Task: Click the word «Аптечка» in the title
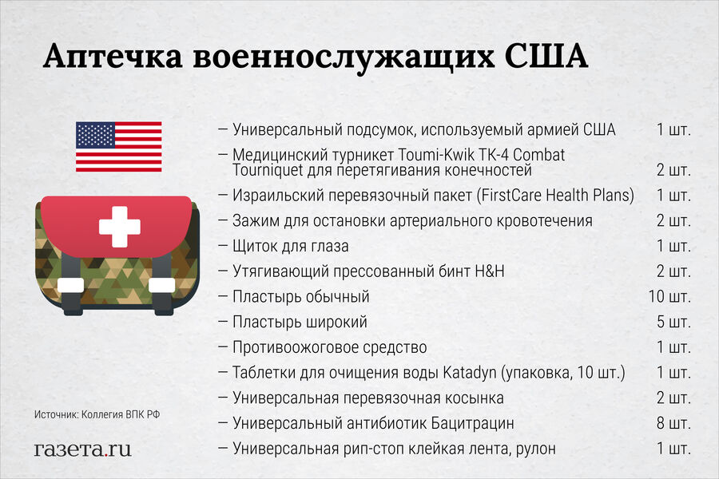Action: [113, 57]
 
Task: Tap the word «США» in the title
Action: [546, 56]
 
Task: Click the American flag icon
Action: [119, 147]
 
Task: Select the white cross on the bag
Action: [119, 227]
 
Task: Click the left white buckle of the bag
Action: [70, 285]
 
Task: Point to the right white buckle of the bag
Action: [162, 285]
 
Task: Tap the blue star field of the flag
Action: [95, 135]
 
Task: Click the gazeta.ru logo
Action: [82, 449]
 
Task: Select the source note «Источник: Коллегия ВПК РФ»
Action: [97, 414]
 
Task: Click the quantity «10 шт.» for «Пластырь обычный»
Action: [669, 296]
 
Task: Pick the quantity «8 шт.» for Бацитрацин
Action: [673, 423]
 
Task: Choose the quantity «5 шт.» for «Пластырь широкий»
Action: [673, 322]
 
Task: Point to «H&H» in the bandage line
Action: [489, 271]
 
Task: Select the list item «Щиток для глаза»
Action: [290, 247]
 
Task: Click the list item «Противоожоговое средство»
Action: [330, 347]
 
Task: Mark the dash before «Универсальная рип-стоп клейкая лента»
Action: [223, 449]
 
